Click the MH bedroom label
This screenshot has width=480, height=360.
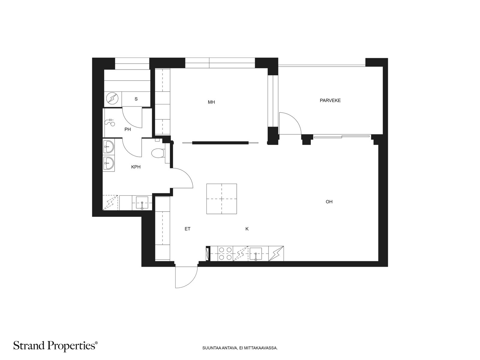point(211,102)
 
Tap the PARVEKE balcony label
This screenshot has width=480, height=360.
point(330,100)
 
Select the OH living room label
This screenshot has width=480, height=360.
point(329,202)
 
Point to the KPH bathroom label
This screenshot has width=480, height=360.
point(136,167)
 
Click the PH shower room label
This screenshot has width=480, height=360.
point(127,129)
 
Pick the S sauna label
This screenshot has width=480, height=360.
point(136,99)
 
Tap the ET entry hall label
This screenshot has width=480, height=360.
point(187,229)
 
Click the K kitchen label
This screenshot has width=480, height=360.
point(247,229)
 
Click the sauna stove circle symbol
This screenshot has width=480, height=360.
point(112,99)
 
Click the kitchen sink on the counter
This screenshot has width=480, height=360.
point(255,253)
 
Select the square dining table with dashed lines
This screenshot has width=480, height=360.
point(221,199)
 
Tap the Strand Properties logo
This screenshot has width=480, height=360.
point(55,346)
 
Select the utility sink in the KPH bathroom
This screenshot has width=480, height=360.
point(142,203)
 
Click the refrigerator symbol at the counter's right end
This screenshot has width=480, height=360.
point(276,253)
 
